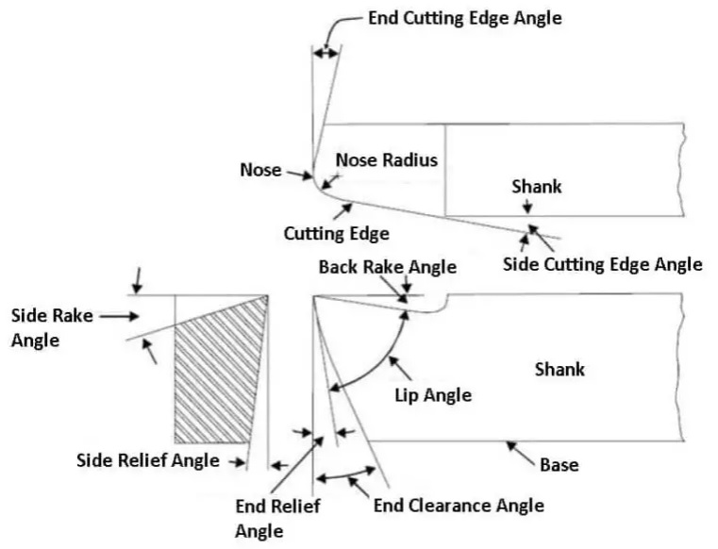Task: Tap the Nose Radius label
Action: pos(387,159)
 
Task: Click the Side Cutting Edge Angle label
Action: pos(602,263)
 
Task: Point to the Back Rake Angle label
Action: pos(387,267)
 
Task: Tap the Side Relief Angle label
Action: pos(147,460)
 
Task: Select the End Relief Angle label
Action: pos(277,518)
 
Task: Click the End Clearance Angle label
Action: pos(459,506)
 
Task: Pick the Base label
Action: pos(559,465)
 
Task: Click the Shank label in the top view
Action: pos(536,186)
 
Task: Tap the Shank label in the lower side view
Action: pos(559,368)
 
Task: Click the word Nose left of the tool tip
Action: pos(260,170)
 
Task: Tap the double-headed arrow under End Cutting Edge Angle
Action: pos(325,54)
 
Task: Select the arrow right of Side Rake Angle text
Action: pos(119,317)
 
